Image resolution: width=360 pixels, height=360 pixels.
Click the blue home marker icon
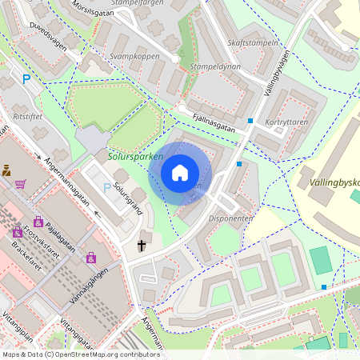[x=180, y=173]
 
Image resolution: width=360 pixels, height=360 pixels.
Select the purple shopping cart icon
[x=20, y=184]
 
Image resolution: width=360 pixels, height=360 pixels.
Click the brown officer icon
[x=6, y=170]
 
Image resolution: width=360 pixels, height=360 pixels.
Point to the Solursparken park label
[x=135, y=158]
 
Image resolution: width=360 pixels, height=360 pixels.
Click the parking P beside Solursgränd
[x=107, y=188]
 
